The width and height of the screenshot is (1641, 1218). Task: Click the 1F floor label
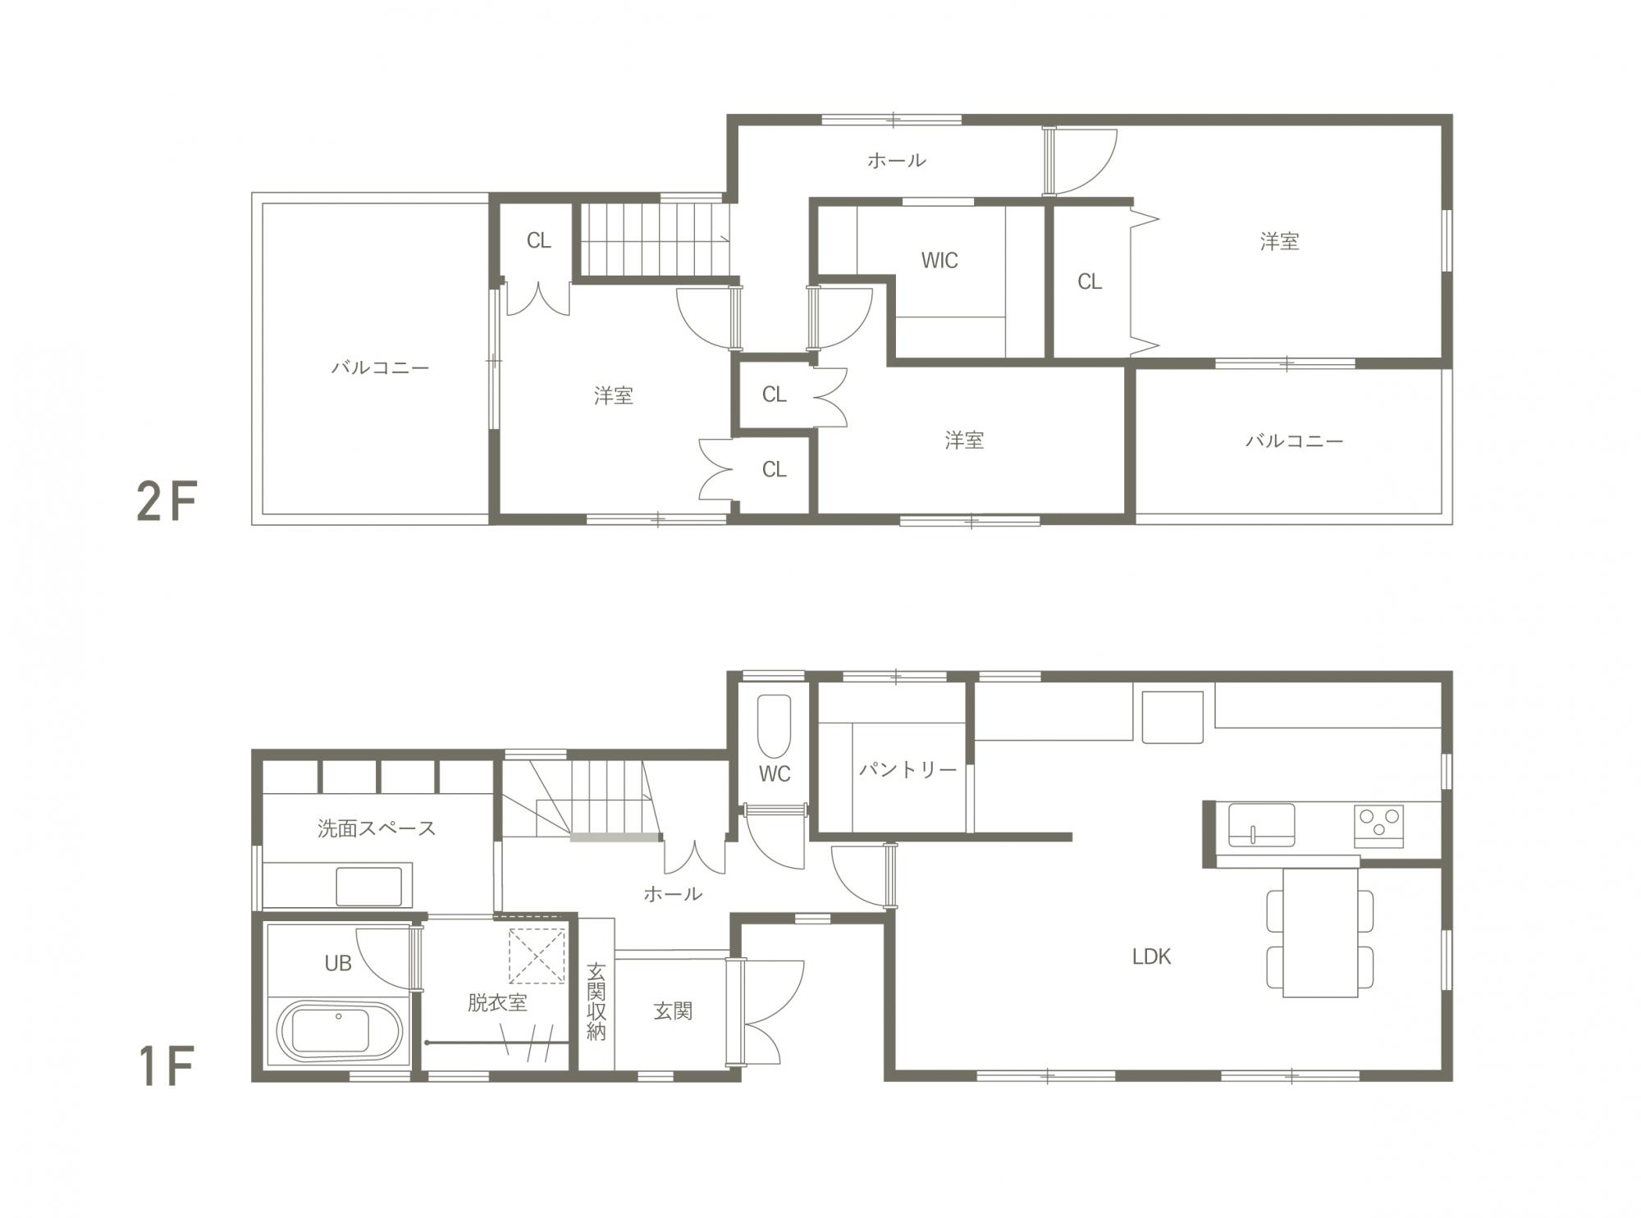point(167,1066)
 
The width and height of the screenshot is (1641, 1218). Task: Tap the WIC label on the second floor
point(939,261)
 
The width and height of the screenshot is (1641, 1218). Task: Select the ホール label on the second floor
point(897,160)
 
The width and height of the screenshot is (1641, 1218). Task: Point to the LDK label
point(1151,956)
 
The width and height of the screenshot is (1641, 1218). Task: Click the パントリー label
point(907,769)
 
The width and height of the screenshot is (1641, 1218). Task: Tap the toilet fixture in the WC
point(774,727)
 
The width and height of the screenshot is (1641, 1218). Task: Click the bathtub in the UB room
point(340,1032)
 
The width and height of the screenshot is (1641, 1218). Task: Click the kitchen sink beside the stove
point(1261,824)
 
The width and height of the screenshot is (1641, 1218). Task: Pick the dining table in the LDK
point(1320,932)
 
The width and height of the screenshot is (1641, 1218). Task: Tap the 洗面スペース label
point(377,828)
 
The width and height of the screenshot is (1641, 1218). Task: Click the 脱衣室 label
point(497,1002)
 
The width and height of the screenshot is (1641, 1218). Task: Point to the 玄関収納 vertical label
point(597,1002)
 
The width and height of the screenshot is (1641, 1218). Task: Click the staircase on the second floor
point(656,239)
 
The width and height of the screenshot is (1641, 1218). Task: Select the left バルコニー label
point(380,367)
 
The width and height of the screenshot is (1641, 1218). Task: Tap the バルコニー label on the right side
point(1295,441)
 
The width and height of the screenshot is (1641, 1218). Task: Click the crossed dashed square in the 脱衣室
point(537,956)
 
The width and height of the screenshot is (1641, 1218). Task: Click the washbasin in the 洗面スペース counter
point(369,887)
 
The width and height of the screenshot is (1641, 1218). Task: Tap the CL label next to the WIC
point(1090,282)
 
